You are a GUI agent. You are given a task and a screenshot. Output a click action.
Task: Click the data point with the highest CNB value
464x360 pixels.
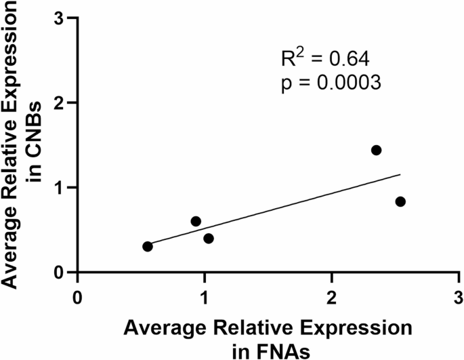(x=376, y=150)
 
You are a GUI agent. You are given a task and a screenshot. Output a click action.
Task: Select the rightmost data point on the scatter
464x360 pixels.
(x=400, y=201)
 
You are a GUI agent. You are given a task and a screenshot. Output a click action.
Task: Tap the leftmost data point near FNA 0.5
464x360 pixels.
(x=148, y=246)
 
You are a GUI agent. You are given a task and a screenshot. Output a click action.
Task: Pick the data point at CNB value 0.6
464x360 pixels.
(x=196, y=221)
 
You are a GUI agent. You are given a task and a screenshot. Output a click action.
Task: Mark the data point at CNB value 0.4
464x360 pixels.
(x=209, y=239)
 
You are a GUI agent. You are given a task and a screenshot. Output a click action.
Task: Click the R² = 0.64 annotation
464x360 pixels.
(x=324, y=60)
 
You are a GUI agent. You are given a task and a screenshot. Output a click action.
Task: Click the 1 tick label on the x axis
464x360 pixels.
(x=205, y=298)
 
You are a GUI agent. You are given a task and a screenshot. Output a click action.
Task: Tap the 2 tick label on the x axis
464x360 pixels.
(x=331, y=298)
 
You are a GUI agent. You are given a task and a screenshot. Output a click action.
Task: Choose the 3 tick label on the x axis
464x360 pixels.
(x=458, y=298)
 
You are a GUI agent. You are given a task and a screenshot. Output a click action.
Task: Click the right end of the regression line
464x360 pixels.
(x=400, y=174)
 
